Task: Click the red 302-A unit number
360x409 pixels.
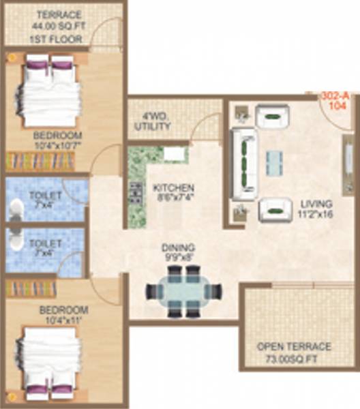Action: point(333,97)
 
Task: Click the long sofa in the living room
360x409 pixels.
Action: point(243,164)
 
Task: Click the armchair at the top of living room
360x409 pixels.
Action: point(272,116)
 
